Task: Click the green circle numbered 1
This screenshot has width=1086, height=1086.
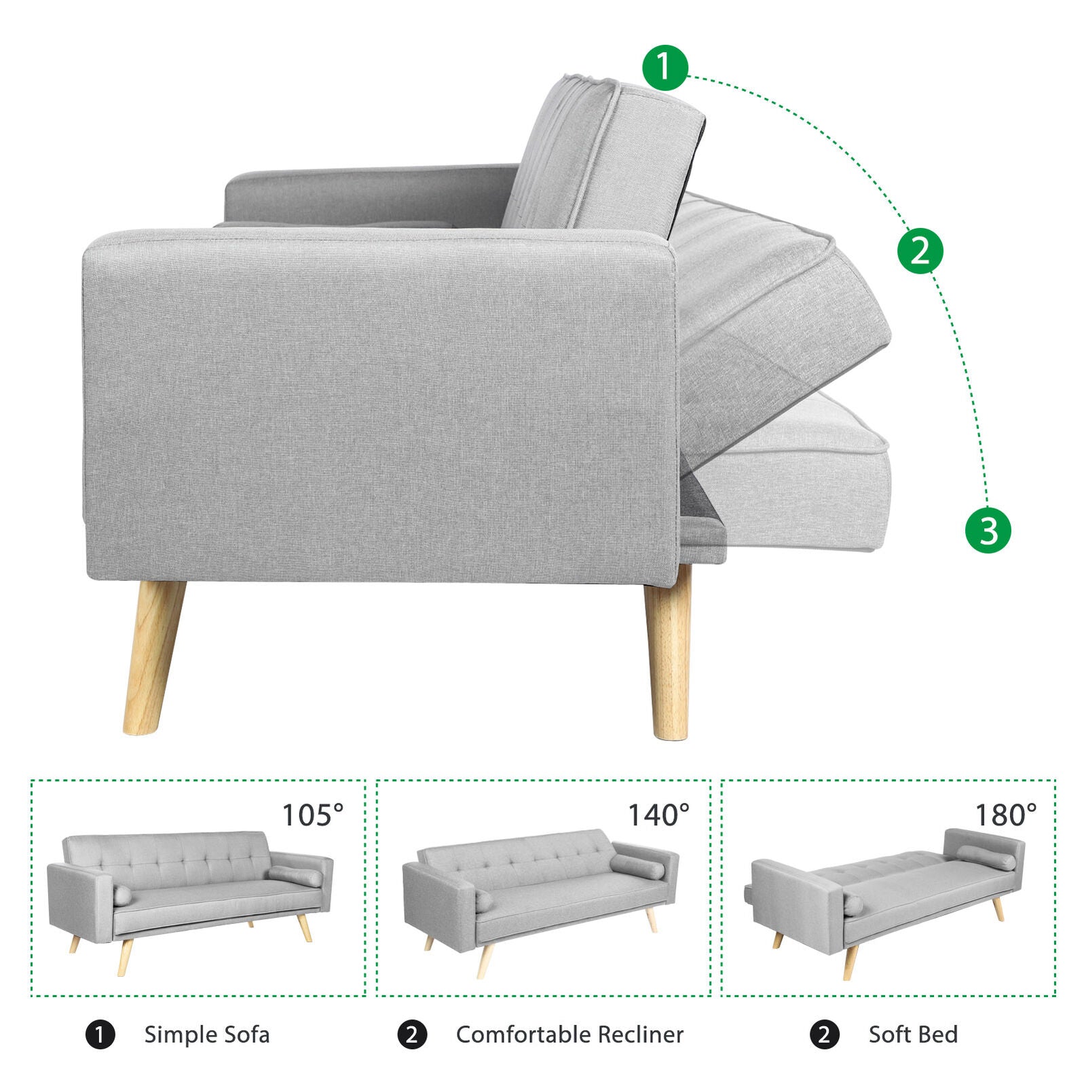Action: tap(665, 68)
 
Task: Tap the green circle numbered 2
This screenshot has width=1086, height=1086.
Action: tap(920, 251)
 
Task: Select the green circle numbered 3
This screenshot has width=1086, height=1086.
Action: tap(988, 530)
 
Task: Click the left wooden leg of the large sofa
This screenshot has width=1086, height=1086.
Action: tap(153, 657)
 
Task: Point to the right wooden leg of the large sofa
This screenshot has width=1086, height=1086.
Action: tap(669, 652)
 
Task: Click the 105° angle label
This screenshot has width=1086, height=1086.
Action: tap(313, 815)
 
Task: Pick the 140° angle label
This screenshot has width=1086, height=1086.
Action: tap(658, 815)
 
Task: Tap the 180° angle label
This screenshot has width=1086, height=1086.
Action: tap(1006, 815)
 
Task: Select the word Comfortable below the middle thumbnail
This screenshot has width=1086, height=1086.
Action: tap(514, 1034)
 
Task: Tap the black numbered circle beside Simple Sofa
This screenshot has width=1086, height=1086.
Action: tap(100, 1035)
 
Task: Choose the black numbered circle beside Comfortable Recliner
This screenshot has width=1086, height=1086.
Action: tap(412, 1035)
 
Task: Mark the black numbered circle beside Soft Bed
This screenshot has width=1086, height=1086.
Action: tap(825, 1035)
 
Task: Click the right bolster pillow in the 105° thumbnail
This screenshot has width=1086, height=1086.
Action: tap(295, 876)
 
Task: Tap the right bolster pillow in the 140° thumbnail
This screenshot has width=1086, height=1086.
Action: tap(637, 867)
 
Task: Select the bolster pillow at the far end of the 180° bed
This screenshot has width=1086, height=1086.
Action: tap(986, 858)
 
